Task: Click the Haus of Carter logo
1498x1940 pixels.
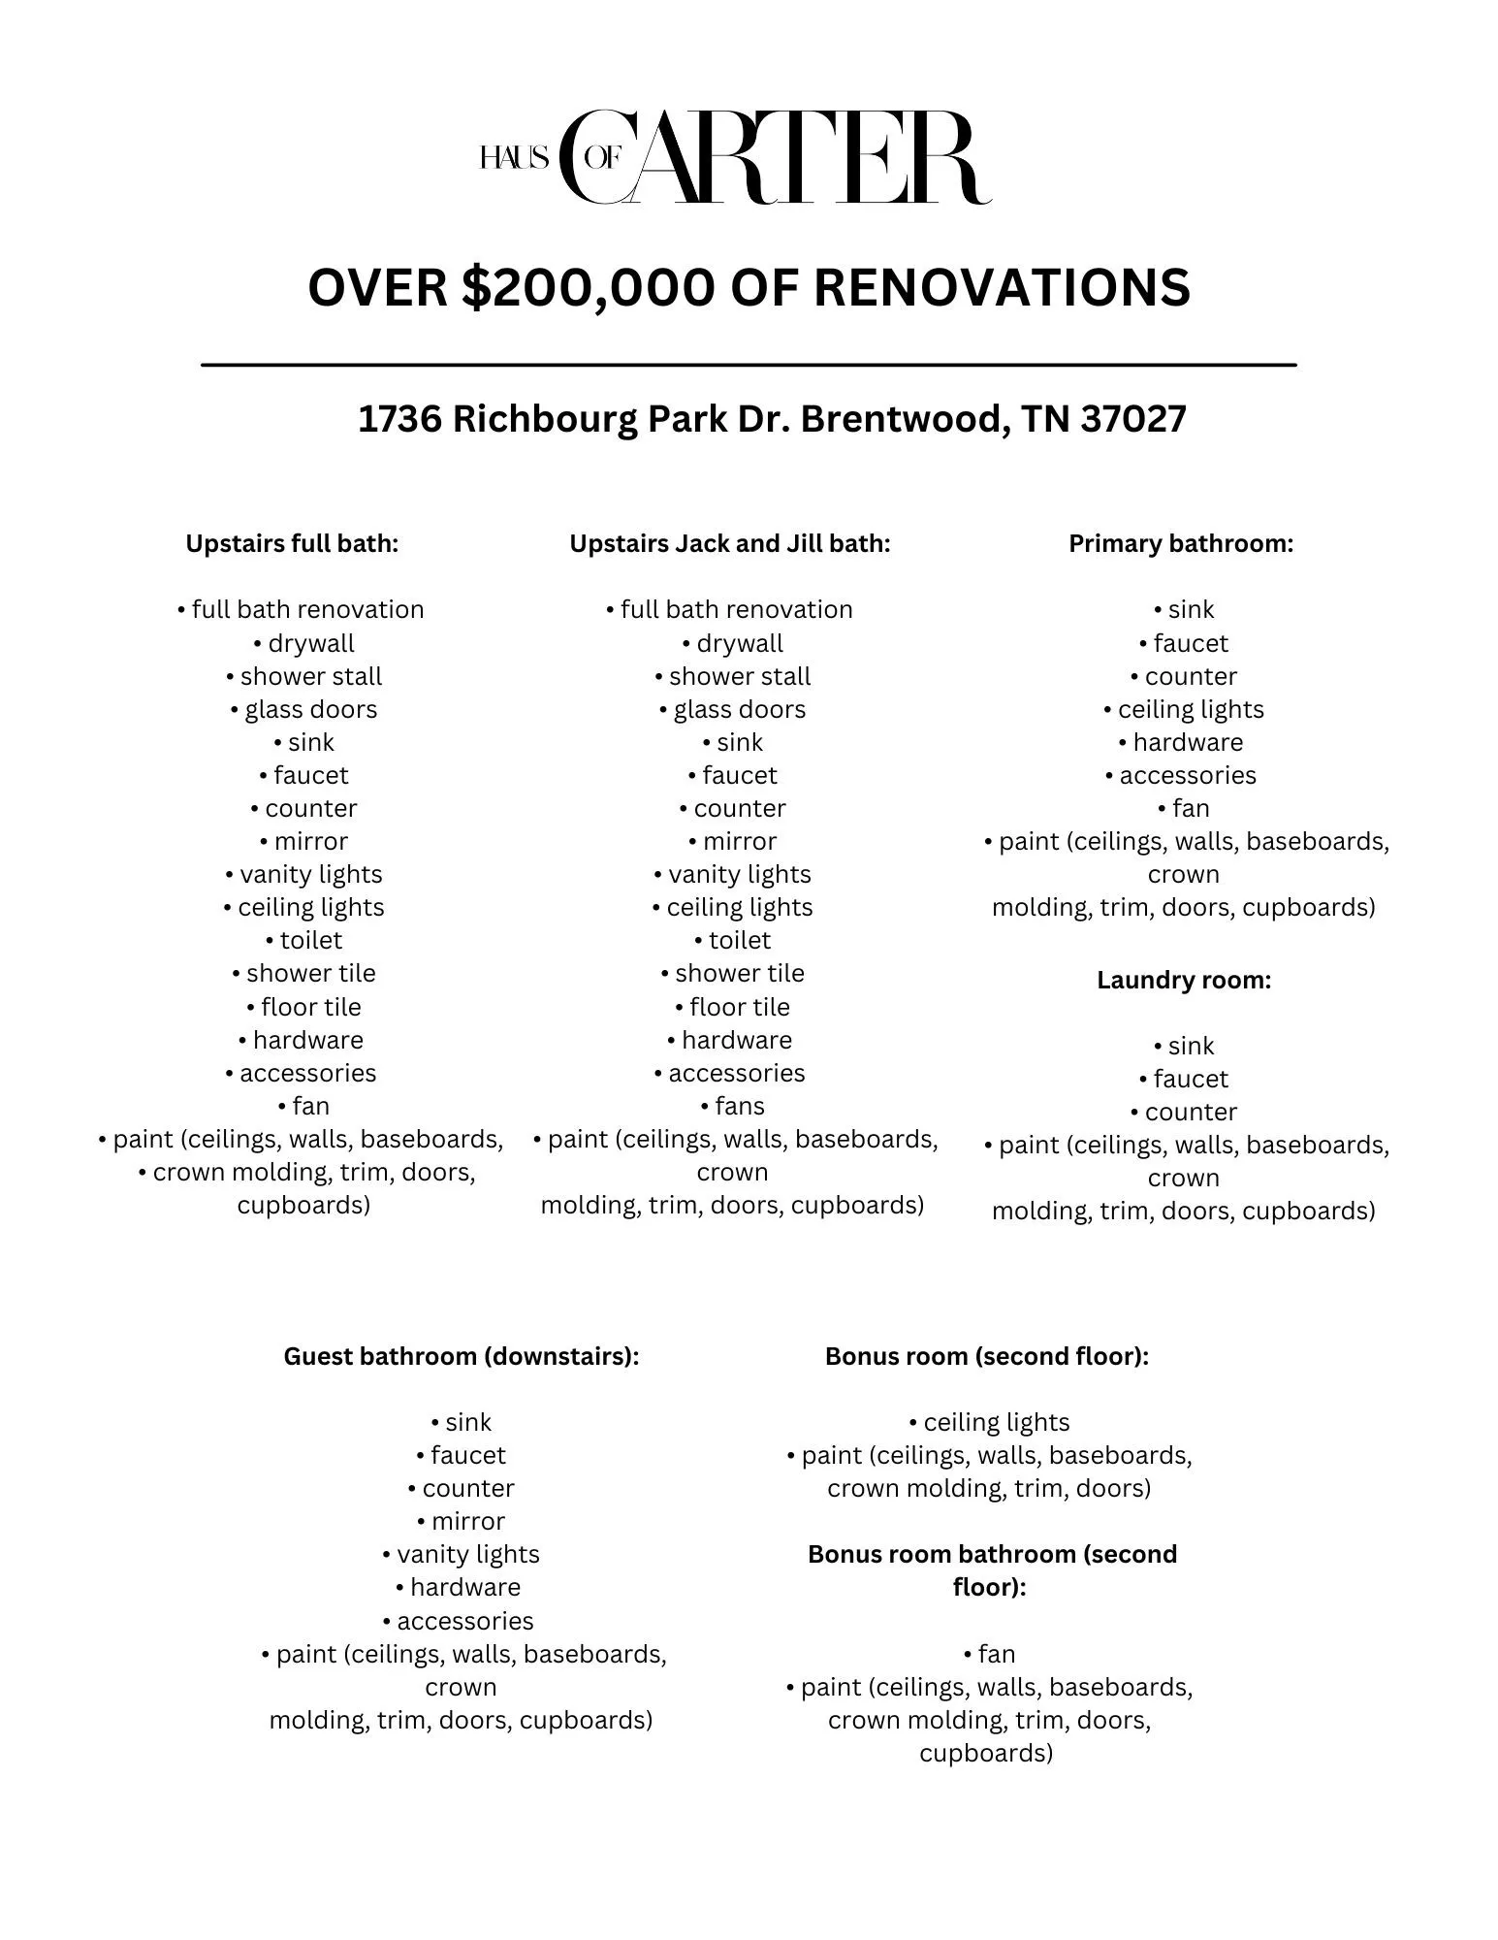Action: point(735,157)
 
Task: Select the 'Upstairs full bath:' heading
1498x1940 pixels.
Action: point(292,543)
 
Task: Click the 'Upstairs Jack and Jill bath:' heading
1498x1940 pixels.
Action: point(729,543)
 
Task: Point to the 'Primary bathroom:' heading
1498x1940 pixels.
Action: point(1181,543)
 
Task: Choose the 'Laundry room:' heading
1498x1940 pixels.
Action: point(1184,980)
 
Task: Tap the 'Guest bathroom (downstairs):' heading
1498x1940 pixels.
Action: point(462,1356)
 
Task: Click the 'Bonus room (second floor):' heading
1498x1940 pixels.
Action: point(987,1356)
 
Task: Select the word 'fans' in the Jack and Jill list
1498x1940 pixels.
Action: point(740,1106)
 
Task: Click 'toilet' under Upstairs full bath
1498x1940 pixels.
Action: point(311,940)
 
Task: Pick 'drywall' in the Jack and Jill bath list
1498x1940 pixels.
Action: point(740,643)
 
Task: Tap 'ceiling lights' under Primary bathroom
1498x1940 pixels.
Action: point(1191,709)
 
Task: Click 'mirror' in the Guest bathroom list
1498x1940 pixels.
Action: point(468,1521)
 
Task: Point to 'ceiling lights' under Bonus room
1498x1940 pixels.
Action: point(997,1422)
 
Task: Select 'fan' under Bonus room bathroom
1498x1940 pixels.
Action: point(997,1653)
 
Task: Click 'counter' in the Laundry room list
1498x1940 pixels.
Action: point(1191,1112)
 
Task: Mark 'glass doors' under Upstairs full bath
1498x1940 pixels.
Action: point(310,709)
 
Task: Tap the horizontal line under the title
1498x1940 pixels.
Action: point(749,365)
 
